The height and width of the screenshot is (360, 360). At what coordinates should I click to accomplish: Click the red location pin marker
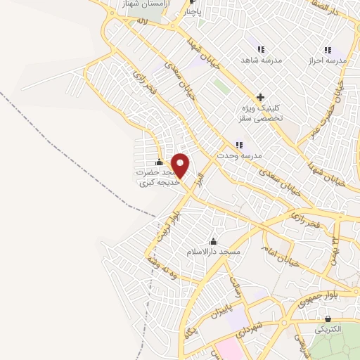click(x=181, y=166)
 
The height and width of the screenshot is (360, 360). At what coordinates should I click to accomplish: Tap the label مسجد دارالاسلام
click(x=214, y=252)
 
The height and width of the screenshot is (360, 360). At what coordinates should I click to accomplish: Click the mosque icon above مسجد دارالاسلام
click(x=214, y=242)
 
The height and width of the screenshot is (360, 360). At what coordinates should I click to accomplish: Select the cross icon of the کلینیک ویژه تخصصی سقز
click(x=260, y=98)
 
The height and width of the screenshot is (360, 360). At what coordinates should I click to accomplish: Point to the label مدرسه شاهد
click(x=262, y=60)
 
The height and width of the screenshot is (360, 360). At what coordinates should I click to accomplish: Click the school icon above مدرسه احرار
click(x=328, y=50)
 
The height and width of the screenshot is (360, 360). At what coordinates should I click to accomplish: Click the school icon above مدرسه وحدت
click(x=239, y=145)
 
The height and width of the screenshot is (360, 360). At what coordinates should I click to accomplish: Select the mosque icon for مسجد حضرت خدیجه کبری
click(x=159, y=162)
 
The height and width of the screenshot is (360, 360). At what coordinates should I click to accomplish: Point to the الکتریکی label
click(x=327, y=329)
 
